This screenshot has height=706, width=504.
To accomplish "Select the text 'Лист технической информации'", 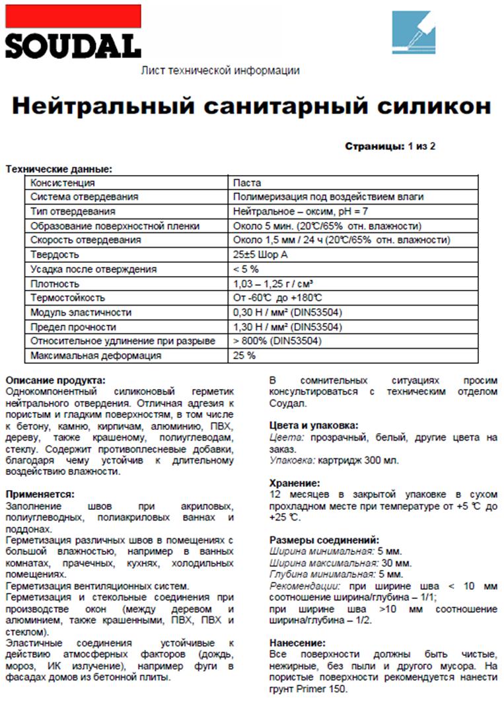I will (x=221, y=71).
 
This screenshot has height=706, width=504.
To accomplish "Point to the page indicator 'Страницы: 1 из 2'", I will (x=390, y=147).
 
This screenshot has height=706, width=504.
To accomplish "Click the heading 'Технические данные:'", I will (x=59, y=169).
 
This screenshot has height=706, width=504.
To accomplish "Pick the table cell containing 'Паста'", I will (x=247, y=183).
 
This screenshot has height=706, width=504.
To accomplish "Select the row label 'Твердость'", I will (x=55, y=255).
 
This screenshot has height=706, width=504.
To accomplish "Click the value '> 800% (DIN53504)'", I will (x=277, y=341).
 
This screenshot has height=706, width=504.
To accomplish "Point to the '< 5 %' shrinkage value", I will (x=246, y=269).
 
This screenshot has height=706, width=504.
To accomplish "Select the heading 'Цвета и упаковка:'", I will (x=314, y=425).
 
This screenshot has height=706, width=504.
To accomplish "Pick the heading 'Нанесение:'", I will (x=297, y=643).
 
